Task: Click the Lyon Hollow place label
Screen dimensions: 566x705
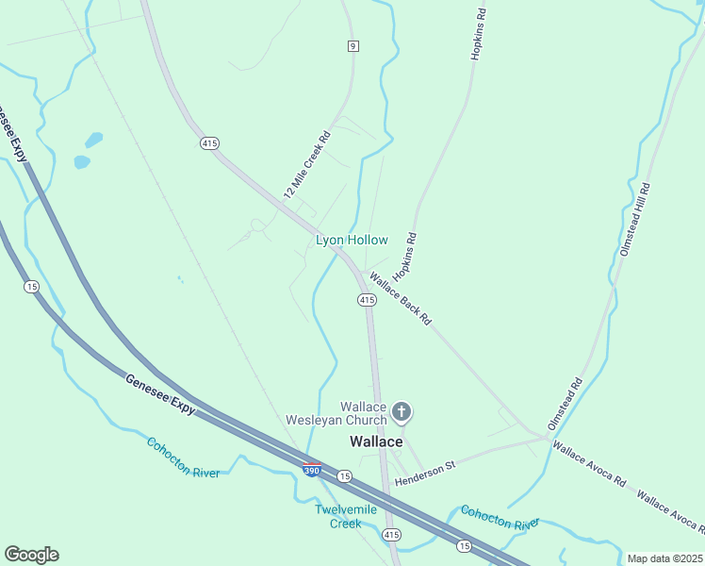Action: coord(352,241)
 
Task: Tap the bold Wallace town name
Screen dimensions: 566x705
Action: coord(376,441)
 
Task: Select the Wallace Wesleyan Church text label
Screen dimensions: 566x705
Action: coord(336,413)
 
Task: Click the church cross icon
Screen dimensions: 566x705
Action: coord(402,411)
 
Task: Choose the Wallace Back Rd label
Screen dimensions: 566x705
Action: coord(401,300)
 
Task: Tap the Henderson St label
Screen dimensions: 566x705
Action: coord(425,474)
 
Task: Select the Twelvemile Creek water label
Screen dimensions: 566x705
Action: coord(345,516)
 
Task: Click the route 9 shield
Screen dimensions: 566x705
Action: coord(352,45)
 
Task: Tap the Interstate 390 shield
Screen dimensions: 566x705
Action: coord(311,469)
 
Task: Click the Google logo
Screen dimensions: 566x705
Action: coord(31,555)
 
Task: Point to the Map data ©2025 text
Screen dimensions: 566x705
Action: coord(665,558)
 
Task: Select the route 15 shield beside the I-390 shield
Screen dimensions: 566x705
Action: coord(345,476)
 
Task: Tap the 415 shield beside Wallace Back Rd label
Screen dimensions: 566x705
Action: coord(367,299)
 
